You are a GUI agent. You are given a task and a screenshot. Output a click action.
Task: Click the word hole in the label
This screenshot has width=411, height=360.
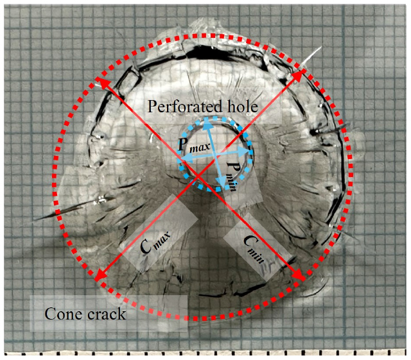click(x=241, y=106)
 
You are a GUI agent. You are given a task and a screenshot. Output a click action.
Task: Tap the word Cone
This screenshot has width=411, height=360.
click(x=62, y=314)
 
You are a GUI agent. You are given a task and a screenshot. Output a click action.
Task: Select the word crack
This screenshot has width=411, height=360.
click(x=107, y=314)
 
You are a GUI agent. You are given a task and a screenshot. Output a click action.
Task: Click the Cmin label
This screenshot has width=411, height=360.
click(x=254, y=248)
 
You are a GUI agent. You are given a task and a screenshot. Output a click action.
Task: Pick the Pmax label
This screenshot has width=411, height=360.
click(x=194, y=144)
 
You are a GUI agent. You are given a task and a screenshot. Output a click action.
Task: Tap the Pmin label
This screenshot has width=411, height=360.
click(x=232, y=177)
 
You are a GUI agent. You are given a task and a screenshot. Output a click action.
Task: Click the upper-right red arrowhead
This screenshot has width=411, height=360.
click(x=299, y=75)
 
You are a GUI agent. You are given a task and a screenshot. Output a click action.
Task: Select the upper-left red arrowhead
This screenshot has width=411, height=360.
click(x=101, y=82)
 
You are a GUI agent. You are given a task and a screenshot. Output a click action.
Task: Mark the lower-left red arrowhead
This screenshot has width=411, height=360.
click(x=101, y=276)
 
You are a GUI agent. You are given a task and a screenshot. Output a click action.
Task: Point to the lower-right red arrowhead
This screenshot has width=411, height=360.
click(x=299, y=275)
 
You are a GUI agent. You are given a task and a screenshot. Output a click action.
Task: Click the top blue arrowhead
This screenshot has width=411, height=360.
click(x=207, y=123)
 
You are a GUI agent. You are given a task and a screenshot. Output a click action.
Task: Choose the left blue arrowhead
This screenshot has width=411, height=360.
click(x=186, y=157)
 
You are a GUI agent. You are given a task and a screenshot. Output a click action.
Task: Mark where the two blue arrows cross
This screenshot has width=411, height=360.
click(x=215, y=154)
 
